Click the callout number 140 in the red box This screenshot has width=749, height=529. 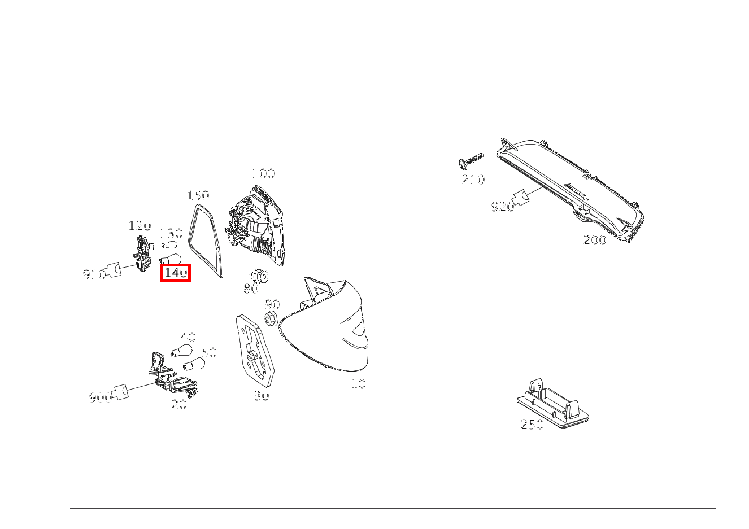point(175,273)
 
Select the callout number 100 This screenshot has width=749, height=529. point(263,173)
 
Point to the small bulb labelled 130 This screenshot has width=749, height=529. point(168,245)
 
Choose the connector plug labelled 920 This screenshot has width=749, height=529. point(520,198)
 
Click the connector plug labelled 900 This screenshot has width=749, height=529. point(120,391)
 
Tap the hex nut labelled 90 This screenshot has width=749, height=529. point(270,318)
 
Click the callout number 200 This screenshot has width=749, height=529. point(594,240)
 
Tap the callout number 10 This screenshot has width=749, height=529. point(358,384)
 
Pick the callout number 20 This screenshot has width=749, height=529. point(179,404)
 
